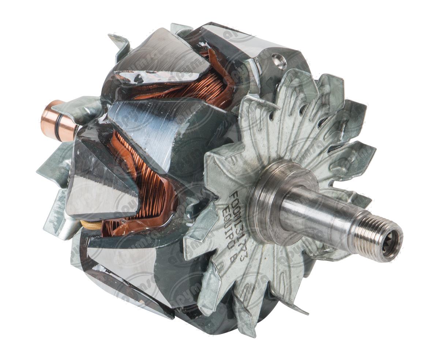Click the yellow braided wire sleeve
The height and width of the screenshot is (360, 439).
coord(90,224)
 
